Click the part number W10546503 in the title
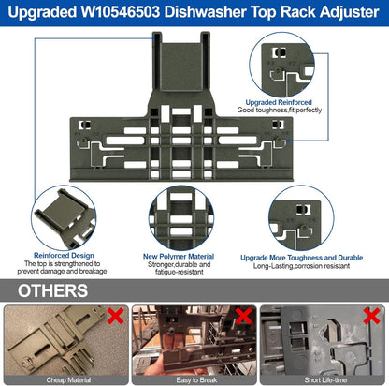pos(121,12)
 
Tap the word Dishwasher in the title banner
pos(206,12)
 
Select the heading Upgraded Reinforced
pos(279,102)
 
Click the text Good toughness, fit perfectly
pos(280,110)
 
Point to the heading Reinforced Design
pos(64,256)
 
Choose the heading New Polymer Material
pos(179,257)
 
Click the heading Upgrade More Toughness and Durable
pos(302,258)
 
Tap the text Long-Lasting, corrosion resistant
pos(301,266)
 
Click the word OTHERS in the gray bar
pos(52,290)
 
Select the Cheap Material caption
pos(68,380)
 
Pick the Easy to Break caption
pos(196,380)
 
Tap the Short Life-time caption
pos(325,380)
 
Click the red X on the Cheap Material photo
pos(115,316)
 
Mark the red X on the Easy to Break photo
pos(243,316)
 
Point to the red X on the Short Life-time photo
pos(371,316)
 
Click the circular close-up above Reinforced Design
pos(64,218)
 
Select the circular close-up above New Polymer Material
pos(181,218)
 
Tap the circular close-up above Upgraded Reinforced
pos(281,65)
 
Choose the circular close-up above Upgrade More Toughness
pos(301,218)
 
